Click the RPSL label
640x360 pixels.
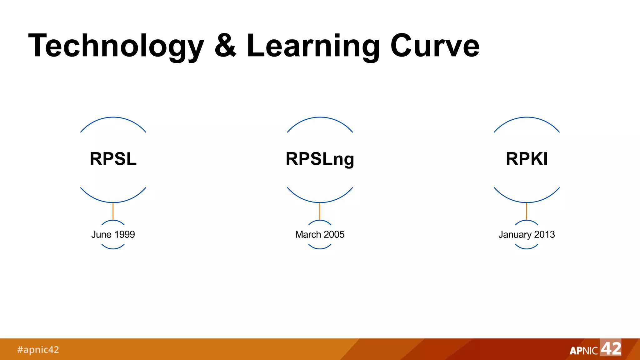(113, 159)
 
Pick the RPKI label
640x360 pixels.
(527, 159)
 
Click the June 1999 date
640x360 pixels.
(113, 234)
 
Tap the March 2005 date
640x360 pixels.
(320, 234)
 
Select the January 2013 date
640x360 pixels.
(527, 234)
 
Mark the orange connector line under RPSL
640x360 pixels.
(113, 211)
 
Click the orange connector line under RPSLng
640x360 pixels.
(320, 211)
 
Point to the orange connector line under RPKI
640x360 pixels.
(527, 211)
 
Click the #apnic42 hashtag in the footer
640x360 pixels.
(38, 349)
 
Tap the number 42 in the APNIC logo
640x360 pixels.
(611, 348)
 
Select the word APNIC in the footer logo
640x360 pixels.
(583, 351)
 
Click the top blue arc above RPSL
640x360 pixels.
(113, 117)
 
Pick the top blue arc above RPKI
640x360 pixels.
(527, 117)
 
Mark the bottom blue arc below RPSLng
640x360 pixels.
(320, 202)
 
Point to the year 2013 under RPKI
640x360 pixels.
(544, 234)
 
